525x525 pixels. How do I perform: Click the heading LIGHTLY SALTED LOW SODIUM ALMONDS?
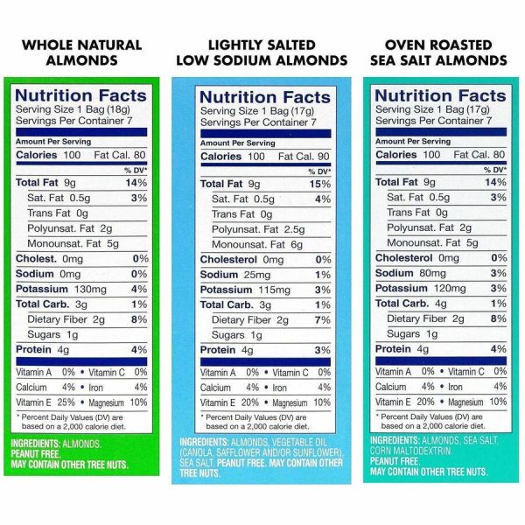[x=262, y=52]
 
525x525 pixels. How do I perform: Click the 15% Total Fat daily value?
[x=320, y=185]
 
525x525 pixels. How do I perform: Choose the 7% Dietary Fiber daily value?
[x=323, y=320]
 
